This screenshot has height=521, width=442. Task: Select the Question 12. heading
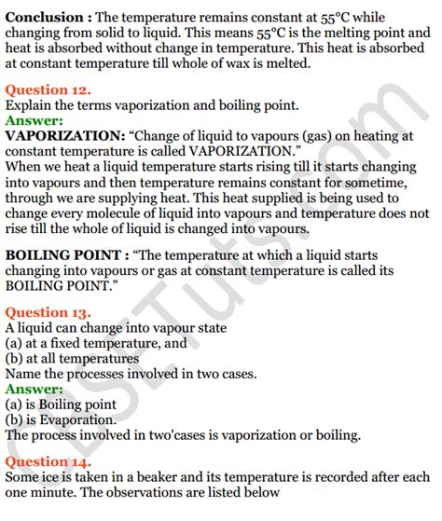tap(48, 90)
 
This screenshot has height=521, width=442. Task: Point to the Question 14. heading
tap(48, 461)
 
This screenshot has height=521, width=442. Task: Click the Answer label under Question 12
tap(35, 120)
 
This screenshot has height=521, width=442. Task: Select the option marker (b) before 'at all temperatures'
tap(15, 359)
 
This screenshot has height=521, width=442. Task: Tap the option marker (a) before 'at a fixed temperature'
tap(15, 344)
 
